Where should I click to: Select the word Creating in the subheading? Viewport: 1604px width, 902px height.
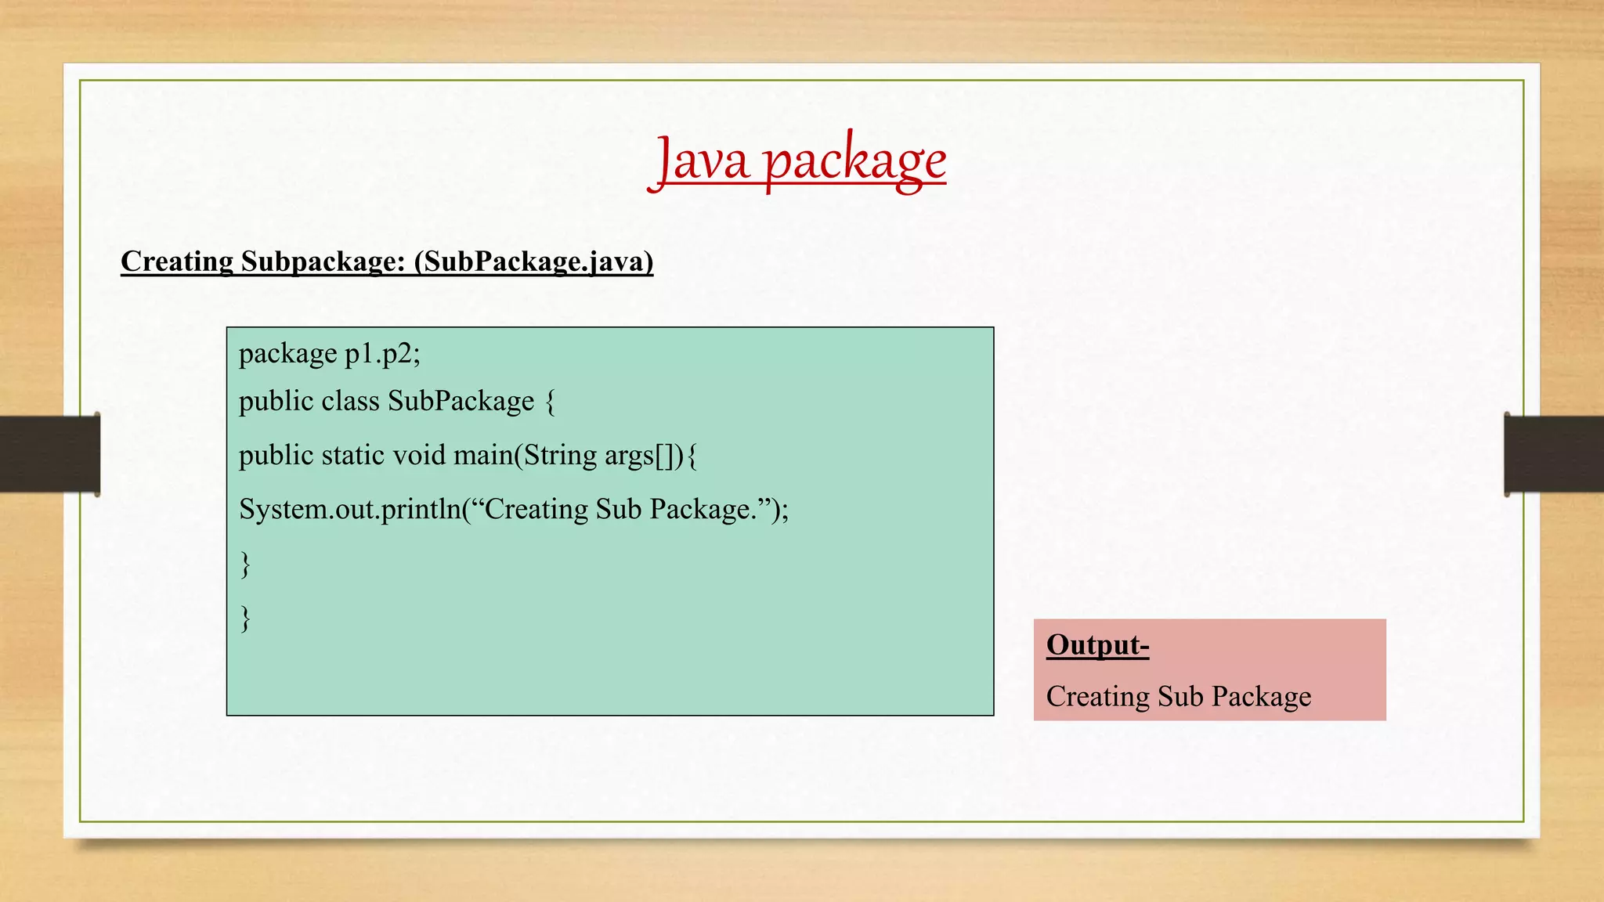(x=177, y=262)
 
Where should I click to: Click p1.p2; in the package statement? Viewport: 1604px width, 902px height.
(x=382, y=354)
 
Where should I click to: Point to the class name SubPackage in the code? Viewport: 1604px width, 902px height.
(x=461, y=401)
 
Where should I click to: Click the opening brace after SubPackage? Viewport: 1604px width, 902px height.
(x=550, y=402)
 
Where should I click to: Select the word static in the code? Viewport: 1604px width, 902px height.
(x=352, y=455)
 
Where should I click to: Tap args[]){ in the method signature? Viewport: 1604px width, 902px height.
(x=651, y=456)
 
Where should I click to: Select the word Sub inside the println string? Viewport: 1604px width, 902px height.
(x=619, y=509)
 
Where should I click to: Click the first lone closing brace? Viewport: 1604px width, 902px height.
(x=245, y=563)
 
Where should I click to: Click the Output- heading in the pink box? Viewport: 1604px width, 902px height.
(x=1097, y=645)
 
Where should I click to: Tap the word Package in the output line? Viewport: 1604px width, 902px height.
(x=1261, y=696)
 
